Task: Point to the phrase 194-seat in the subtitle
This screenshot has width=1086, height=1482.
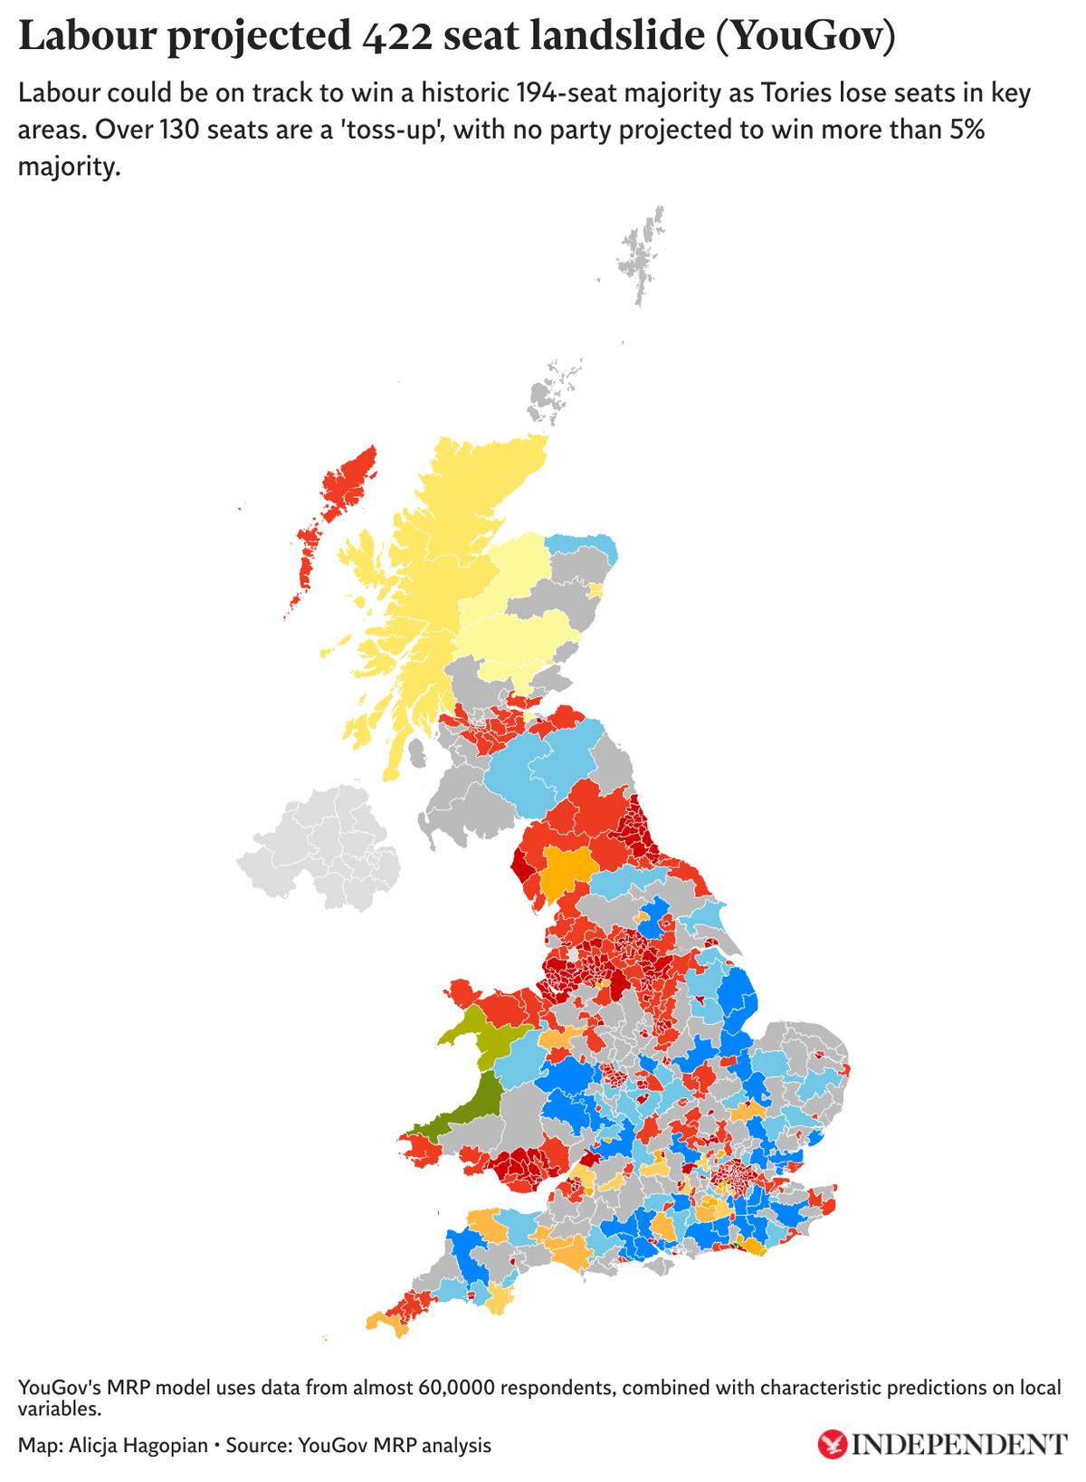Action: [560, 93]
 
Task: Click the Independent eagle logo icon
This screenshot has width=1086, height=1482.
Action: [831, 1444]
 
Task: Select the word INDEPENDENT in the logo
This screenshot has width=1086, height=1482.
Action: [960, 1445]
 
